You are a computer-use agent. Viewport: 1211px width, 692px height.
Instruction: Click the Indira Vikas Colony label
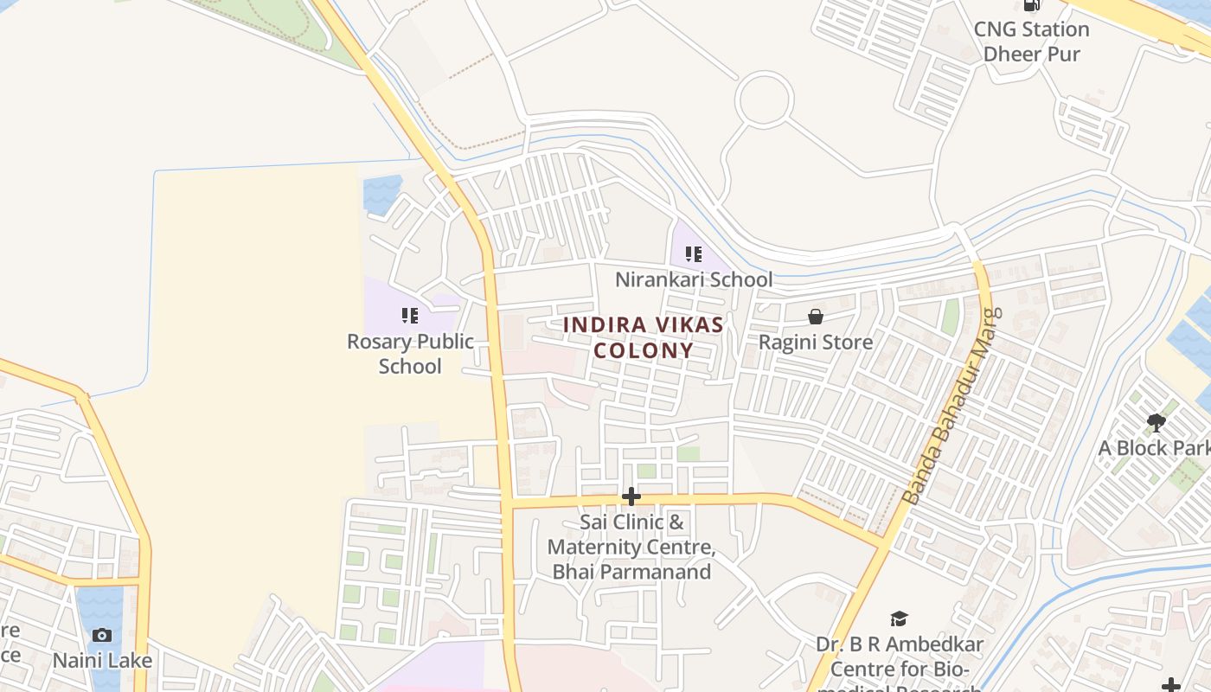click(643, 337)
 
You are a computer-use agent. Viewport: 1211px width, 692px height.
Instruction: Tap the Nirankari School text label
click(694, 279)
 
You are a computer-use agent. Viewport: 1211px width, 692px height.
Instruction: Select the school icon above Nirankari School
click(693, 254)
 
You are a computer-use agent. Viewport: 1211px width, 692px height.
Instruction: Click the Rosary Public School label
click(410, 353)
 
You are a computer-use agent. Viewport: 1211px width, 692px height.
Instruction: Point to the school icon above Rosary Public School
click(410, 316)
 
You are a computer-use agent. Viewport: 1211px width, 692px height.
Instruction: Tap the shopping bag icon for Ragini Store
click(815, 317)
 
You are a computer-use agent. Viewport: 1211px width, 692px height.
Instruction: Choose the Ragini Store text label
click(815, 342)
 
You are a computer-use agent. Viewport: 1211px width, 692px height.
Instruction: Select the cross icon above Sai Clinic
click(631, 497)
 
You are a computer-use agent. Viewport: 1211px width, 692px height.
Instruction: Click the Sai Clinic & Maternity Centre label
click(631, 547)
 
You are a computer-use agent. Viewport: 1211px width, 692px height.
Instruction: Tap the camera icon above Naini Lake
click(102, 636)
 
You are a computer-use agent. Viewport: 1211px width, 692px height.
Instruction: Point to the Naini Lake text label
click(102, 660)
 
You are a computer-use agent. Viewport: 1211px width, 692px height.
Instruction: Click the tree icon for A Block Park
click(1157, 423)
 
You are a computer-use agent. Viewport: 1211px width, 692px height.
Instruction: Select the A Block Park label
click(1154, 448)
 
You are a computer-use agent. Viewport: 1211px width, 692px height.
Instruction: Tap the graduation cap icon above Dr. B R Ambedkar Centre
click(899, 619)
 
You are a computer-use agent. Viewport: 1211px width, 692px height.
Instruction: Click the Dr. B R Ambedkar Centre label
click(900, 657)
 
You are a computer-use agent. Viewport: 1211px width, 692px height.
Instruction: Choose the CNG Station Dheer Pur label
click(1031, 41)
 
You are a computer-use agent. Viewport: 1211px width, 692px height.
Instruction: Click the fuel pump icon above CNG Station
click(1031, 4)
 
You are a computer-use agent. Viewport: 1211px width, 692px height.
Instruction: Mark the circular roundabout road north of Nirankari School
click(765, 99)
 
